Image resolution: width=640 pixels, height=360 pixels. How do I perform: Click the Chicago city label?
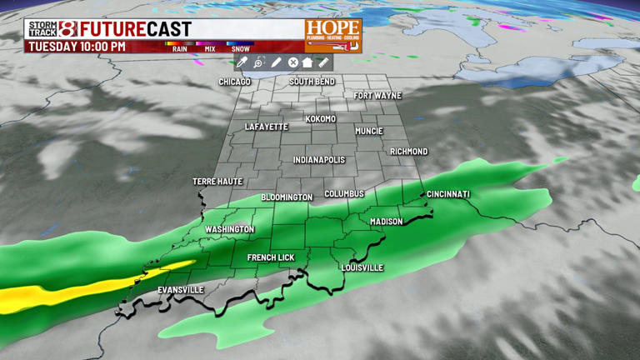[234, 82]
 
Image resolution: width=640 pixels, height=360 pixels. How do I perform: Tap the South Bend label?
[312, 82]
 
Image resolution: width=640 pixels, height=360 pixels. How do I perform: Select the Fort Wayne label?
[377, 96]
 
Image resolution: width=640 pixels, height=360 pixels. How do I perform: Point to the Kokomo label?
[321, 119]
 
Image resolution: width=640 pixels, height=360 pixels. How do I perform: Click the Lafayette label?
[267, 127]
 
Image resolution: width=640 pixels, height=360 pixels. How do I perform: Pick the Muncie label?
[369, 132]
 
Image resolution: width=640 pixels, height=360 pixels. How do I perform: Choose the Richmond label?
[409, 152]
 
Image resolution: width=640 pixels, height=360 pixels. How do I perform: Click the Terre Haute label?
[217, 182]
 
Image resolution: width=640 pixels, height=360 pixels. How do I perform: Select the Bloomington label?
[287, 197]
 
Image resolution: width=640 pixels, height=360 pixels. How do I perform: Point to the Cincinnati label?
[448, 194]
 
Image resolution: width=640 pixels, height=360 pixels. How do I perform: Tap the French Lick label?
[271, 258]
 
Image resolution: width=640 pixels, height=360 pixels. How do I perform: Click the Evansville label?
[181, 290]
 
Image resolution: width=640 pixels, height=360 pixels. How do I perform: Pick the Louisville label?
[362, 268]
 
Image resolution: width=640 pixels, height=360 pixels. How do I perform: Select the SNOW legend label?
[240, 49]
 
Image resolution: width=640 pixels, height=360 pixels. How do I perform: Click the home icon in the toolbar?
[307, 62]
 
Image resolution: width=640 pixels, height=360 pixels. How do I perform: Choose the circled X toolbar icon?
[293, 62]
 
